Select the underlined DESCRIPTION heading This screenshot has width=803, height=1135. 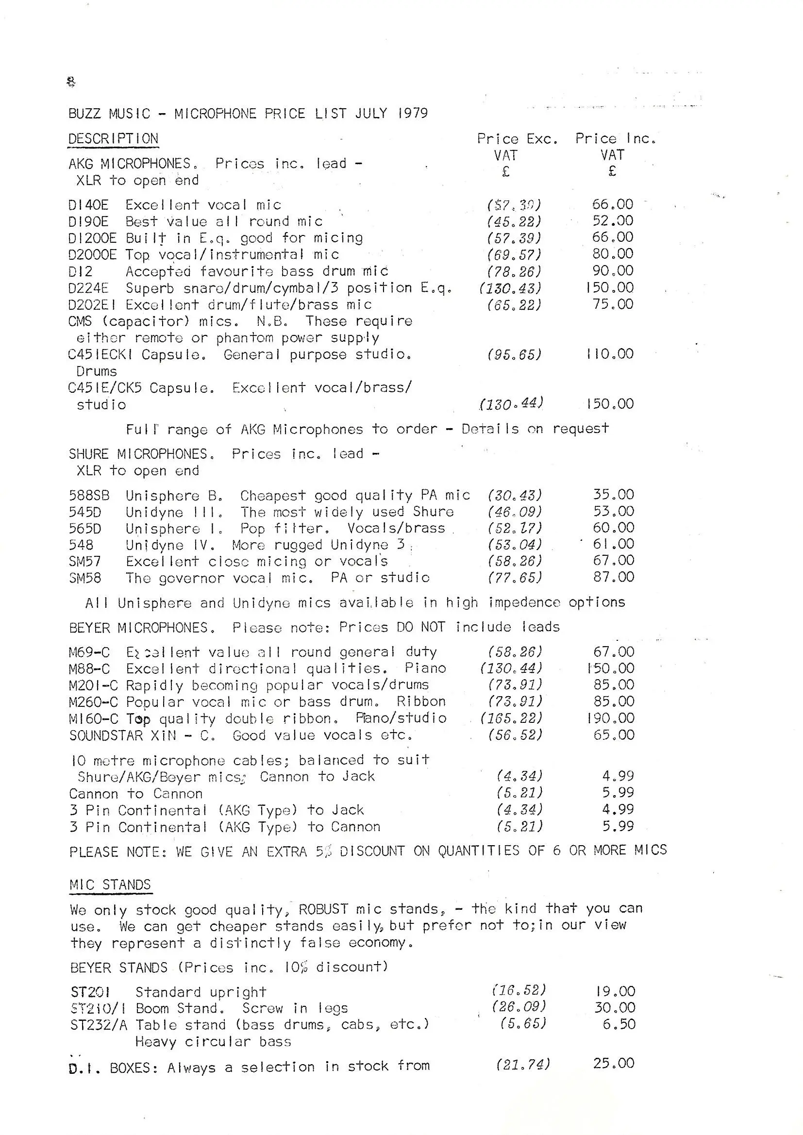coord(113,139)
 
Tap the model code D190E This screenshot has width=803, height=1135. coord(88,221)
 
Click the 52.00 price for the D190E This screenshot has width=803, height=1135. coord(613,221)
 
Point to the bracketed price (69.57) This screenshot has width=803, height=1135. coord(514,255)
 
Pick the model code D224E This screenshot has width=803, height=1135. coord(88,288)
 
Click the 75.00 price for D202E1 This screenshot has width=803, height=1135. coord(613,304)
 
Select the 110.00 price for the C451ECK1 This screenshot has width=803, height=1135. coord(610,354)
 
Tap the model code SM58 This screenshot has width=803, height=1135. coord(85,578)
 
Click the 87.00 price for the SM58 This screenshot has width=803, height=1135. coord(614,577)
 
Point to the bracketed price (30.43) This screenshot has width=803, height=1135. coord(515,495)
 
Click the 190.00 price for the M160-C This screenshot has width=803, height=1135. coord(610,718)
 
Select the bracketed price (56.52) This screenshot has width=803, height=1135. coord(515,735)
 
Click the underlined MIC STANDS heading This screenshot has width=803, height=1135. coord(110,885)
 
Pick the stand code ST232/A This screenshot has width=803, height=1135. coord(99,1025)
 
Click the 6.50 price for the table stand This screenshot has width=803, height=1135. coord(619,1024)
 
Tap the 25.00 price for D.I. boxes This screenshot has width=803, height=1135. coord(614,1063)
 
